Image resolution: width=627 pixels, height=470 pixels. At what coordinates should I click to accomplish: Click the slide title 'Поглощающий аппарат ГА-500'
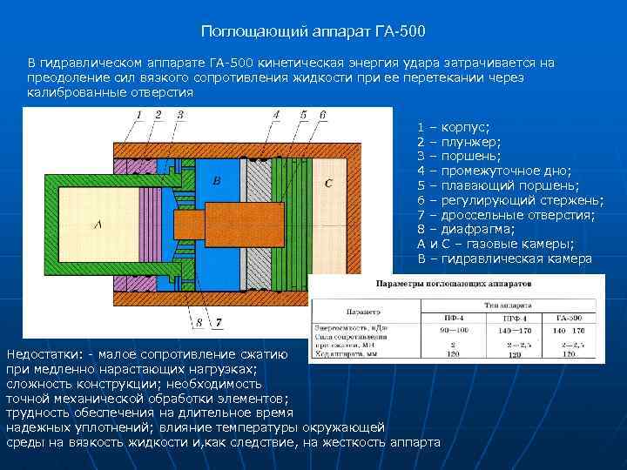pyautogui.click(x=313, y=32)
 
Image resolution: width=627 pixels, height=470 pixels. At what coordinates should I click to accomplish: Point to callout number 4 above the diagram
pyautogui.click(x=277, y=114)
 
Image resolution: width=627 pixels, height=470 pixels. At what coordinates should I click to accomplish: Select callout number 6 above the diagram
pyautogui.click(x=323, y=114)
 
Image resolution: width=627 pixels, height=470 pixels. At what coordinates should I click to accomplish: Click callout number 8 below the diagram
pyautogui.click(x=199, y=323)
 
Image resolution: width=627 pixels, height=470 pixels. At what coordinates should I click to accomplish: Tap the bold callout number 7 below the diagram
pyautogui.click(x=219, y=323)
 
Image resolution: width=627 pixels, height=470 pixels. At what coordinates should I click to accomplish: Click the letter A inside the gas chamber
pyautogui.click(x=97, y=224)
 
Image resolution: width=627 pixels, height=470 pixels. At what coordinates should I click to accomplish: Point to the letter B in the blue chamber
pyautogui.click(x=218, y=180)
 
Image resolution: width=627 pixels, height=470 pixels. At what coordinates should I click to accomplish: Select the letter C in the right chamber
pyautogui.click(x=327, y=184)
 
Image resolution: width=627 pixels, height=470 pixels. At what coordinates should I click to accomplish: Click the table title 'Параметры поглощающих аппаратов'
pyautogui.click(x=453, y=285)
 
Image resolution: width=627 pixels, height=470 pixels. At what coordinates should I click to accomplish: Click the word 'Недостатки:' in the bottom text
pyautogui.click(x=44, y=354)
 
